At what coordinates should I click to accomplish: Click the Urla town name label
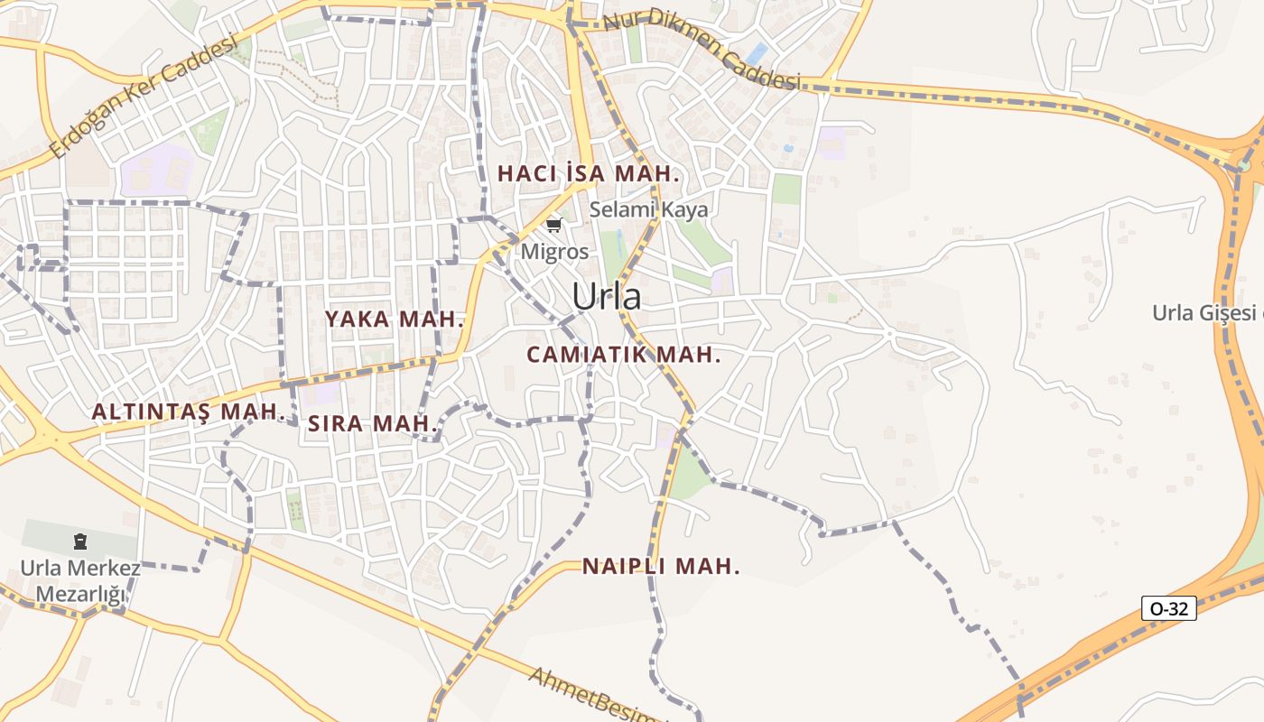(606, 297)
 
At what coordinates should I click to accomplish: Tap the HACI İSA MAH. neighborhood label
(588, 173)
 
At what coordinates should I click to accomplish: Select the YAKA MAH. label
(395, 319)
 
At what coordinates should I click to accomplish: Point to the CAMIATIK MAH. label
(624, 355)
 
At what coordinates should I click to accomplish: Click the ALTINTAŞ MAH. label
(189, 412)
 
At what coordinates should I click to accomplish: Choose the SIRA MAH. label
(373, 423)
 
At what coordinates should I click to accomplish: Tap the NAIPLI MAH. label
(661, 567)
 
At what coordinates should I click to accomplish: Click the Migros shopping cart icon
(553, 225)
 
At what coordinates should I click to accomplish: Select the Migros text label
(554, 252)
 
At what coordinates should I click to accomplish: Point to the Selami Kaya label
(648, 209)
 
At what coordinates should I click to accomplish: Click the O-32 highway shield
(1168, 608)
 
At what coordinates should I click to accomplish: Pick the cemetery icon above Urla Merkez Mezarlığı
(80, 541)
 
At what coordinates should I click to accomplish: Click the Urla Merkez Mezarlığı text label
(80, 581)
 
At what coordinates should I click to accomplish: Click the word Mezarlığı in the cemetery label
(80, 594)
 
